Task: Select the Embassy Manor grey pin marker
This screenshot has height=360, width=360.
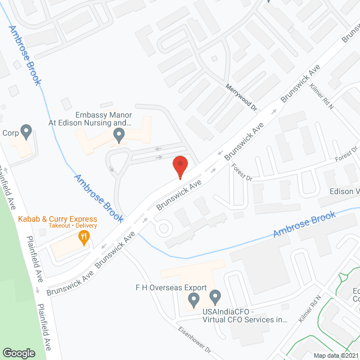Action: [x=119, y=135]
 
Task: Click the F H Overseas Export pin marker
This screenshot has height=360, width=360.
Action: [x=194, y=299]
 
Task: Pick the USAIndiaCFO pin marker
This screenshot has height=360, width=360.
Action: [x=215, y=296]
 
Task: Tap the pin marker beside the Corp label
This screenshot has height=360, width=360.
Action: [x=26, y=132]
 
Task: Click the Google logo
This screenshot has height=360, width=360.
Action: [x=19, y=353]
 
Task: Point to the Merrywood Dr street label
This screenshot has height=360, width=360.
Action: [x=241, y=96]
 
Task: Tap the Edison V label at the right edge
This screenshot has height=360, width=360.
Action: [x=344, y=191]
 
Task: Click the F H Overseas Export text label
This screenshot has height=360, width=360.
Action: [x=167, y=287]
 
